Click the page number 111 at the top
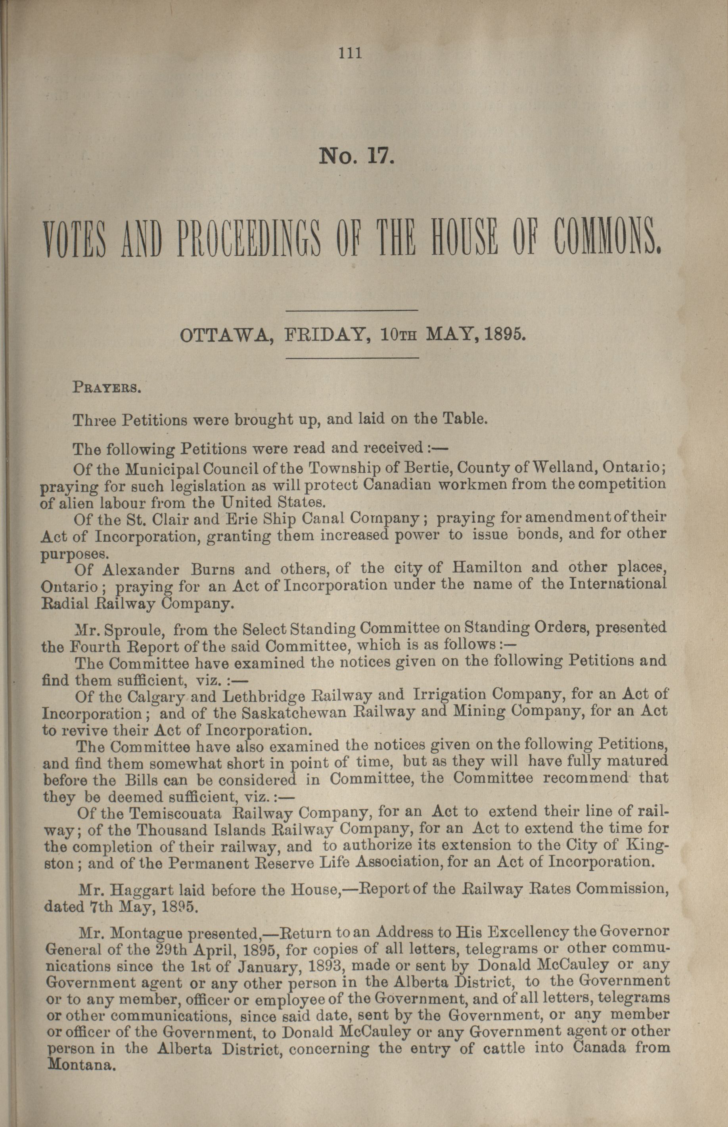350,54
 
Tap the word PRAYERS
106,389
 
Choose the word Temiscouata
176,813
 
